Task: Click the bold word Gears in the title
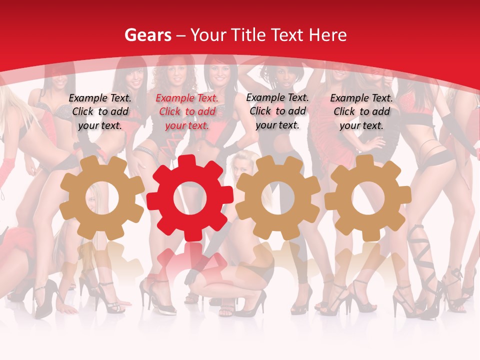pos(147,35)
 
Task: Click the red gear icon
pos(190,198)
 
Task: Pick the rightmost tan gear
pos(368,197)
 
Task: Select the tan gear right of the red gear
pos(278,197)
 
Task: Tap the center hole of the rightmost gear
pos(368,197)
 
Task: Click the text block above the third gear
pos(277,111)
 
